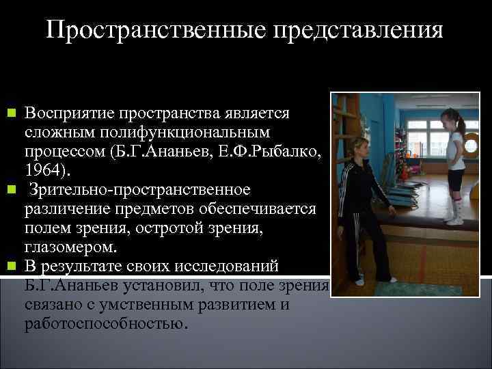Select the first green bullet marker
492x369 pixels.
point(10,111)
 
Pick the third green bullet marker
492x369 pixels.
point(10,264)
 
